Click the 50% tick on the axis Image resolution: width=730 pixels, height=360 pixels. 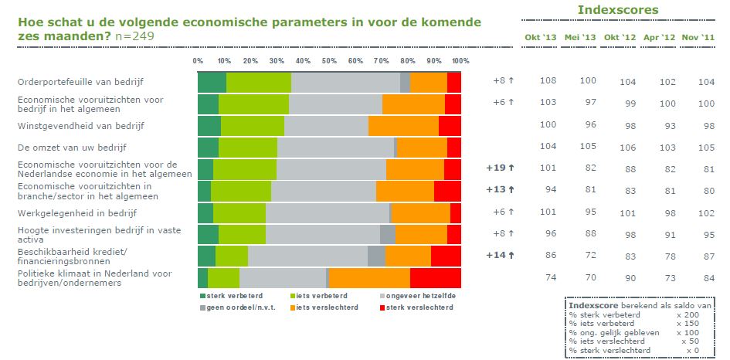[329, 61]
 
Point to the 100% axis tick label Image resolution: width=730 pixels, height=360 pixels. [460, 61]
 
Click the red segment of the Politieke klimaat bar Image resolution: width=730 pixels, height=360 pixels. [435, 278]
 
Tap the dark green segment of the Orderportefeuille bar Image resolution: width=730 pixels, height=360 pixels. [212, 83]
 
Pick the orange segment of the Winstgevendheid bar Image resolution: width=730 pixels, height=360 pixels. [403, 126]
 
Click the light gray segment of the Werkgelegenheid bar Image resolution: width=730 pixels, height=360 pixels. [328, 213]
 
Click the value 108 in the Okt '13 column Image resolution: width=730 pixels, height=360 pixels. [548, 80]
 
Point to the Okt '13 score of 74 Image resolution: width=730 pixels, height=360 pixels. [551, 277]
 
